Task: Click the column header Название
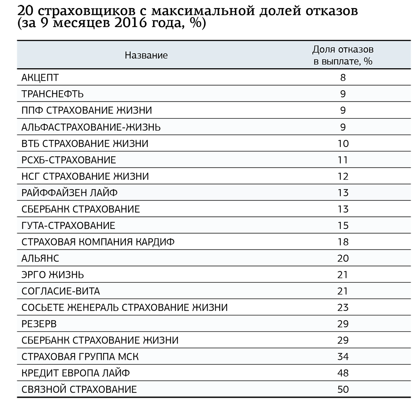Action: point(146,55)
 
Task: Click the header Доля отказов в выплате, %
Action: point(343,55)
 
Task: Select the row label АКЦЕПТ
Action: point(40,78)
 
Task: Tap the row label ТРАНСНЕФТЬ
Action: point(53,94)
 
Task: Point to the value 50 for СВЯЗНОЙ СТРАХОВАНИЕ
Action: point(343,389)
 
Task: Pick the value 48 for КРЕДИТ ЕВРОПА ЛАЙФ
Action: point(343,373)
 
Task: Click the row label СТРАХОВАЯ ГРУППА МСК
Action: point(80,357)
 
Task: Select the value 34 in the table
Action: point(343,357)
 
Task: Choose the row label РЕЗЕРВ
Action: point(39,324)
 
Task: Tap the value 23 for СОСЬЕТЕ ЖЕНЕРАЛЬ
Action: point(343,308)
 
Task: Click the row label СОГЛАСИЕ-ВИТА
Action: point(61,291)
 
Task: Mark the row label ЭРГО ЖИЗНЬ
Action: point(53,275)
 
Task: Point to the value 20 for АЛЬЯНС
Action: point(343,258)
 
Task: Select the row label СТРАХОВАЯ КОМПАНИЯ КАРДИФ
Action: point(98,242)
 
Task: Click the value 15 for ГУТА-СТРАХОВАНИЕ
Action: point(343,225)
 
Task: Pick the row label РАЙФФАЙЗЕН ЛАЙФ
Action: point(70,193)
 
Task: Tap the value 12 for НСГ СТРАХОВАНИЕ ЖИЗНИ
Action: point(343,176)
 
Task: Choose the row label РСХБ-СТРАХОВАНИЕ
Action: point(69,160)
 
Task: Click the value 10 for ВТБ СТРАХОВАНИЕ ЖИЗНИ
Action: point(343,143)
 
